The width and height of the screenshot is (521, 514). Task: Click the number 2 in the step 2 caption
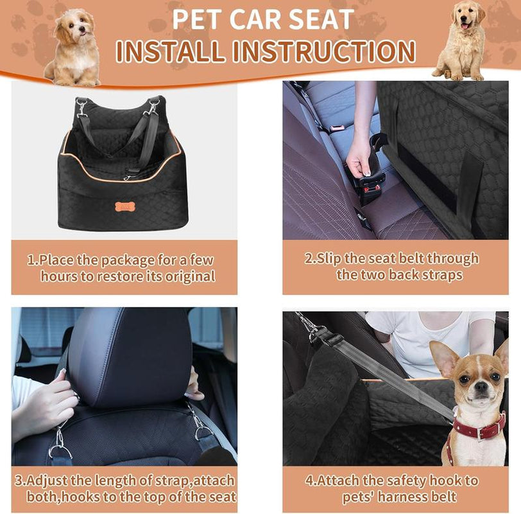(309, 259)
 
